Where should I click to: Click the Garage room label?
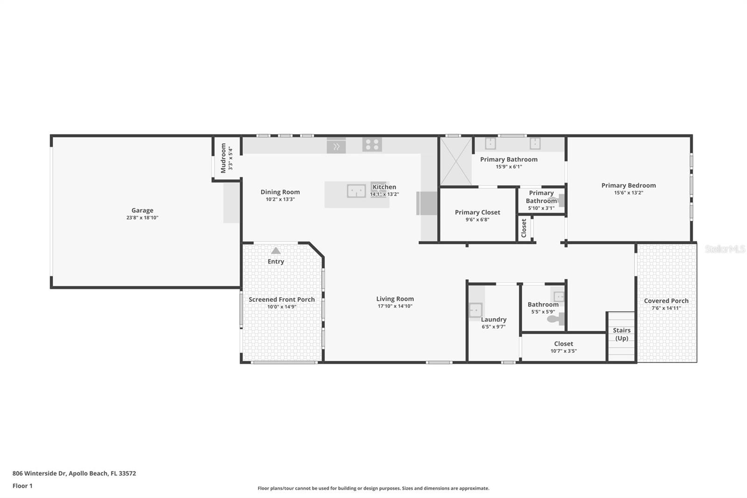pyautogui.click(x=142, y=210)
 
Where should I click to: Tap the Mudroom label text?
pyautogui.click(x=223, y=158)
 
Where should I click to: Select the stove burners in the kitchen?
pyautogui.click(x=372, y=144)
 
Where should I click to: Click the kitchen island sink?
pyautogui.click(x=356, y=191)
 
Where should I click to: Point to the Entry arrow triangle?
pyautogui.click(x=276, y=250)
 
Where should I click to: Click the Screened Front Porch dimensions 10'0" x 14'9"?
pyautogui.click(x=282, y=307)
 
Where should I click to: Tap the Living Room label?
pyautogui.click(x=395, y=299)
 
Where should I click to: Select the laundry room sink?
pyautogui.click(x=475, y=310)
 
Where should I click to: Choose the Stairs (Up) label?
pyautogui.click(x=621, y=334)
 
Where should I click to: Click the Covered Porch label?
pyautogui.click(x=666, y=301)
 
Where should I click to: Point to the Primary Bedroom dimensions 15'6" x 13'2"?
pyautogui.click(x=628, y=192)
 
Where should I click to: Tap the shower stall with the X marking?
pyautogui.click(x=456, y=161)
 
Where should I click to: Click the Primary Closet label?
pyautogui.click(x=477, y=212)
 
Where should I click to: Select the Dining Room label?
pyautogui.click(x=280, y=192)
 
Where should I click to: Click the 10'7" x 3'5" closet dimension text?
pyautogui.click(x=564, y=351)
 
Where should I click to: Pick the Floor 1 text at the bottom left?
pyautogui.click(x=22, y=486)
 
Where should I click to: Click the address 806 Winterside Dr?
pyautogui.click(x=74, y=473)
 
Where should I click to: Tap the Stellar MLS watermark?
pyautogui.click(x=725, y=249)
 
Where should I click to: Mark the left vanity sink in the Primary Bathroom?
pyautogui.click(x=490, y=143)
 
